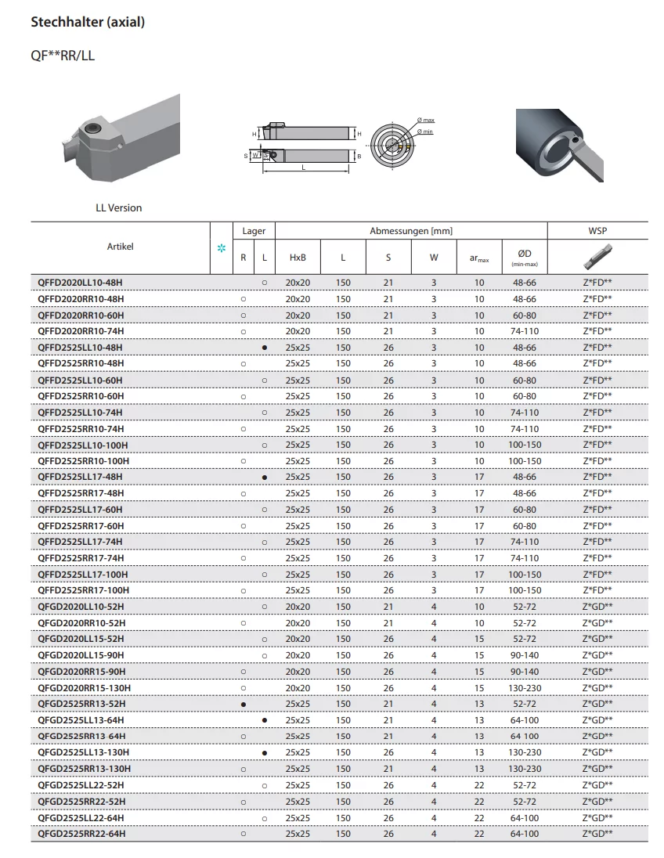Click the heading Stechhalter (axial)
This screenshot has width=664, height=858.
pos(88,23)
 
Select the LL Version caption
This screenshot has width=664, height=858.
pos(119,208)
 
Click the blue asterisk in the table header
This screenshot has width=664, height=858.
pos(221,248)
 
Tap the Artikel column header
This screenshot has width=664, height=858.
pos(120,247)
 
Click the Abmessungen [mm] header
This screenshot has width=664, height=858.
pos(411,231)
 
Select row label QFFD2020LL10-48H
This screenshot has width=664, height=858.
pos(81,283)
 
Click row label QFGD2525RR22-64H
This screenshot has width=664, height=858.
pos(81,834)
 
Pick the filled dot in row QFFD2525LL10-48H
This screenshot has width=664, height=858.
pos(265,348)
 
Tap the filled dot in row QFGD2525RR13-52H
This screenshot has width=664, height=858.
pos(244,704)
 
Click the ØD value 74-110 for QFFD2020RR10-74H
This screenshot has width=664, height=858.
pos(525,331)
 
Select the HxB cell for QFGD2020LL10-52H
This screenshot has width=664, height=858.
pos(298,607)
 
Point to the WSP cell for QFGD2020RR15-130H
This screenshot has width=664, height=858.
pos(597,687)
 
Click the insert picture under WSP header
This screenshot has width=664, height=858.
pos(597,255)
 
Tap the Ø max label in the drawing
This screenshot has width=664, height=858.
pos(427,120)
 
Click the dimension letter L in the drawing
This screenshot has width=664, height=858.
pos(304,167)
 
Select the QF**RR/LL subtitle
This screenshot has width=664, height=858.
pos(63,56)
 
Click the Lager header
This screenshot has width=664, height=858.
pos(254,231)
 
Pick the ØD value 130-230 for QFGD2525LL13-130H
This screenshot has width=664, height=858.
pos(525,752)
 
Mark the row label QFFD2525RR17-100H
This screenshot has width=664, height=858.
pos(84,590)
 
